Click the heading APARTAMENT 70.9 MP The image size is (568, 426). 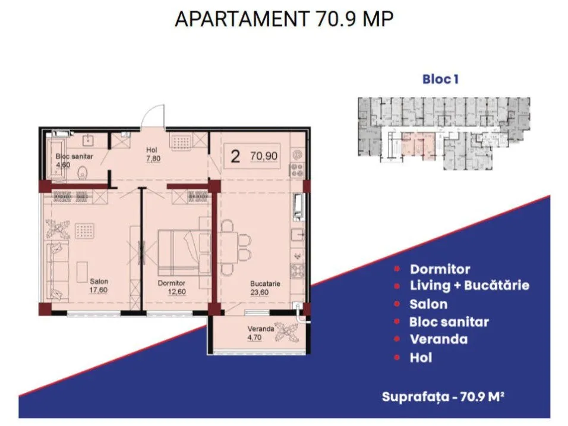pos(284,19)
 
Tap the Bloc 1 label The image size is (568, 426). pos(440,80)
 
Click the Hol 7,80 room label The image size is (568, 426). pos(153,154)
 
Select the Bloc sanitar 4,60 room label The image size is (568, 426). pos(74,160)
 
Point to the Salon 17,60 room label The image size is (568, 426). pos(99,285)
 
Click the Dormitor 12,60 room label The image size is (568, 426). pos(172,287)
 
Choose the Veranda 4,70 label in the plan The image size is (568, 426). pos(260,333)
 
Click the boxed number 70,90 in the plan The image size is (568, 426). pos(264,156)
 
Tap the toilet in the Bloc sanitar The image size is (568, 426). pos(83,173)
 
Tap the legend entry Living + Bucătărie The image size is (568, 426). pos(469,285)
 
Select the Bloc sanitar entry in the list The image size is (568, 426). pos(449,321)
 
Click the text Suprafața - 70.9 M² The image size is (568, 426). pos(443,397)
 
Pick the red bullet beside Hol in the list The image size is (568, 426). pos(397,358)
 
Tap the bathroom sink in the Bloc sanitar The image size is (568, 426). pos(89,140)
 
